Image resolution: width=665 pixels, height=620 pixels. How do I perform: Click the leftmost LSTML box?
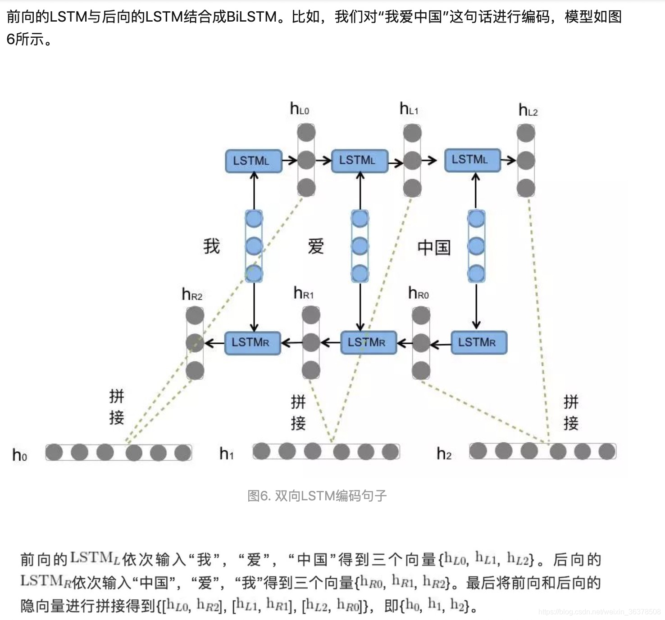coord(253,161)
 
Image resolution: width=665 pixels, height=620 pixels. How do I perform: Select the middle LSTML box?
coord(359,161)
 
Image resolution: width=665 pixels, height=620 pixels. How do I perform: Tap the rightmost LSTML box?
coord(472,160)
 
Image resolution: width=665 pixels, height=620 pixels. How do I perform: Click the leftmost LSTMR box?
coord(252,343)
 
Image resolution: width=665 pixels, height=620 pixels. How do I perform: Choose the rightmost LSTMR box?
coord(478,343)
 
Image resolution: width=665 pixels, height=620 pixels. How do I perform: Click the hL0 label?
coord(300,109)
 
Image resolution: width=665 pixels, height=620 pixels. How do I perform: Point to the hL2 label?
coord(528,110)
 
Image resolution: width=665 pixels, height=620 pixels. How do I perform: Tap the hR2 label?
coord(192,295)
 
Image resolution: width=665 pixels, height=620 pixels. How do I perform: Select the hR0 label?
coord(418,294)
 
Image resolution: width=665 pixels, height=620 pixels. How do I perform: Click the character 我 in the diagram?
coord(211,247)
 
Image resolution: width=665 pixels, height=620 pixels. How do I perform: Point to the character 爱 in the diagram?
coord(316,247)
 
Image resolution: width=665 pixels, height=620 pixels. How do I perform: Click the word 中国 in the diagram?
coord(433,247)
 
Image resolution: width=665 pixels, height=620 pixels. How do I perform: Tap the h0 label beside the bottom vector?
coord(19,455)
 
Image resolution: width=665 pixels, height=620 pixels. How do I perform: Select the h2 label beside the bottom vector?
coord(444,454)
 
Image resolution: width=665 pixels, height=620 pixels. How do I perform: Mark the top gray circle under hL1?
coord(412,133)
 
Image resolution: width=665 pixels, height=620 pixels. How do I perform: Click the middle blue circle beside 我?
coord(254,246)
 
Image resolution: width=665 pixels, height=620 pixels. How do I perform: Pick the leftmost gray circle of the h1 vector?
coord(262,451)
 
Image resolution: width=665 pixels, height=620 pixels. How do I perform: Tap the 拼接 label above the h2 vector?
coord(571,412)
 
